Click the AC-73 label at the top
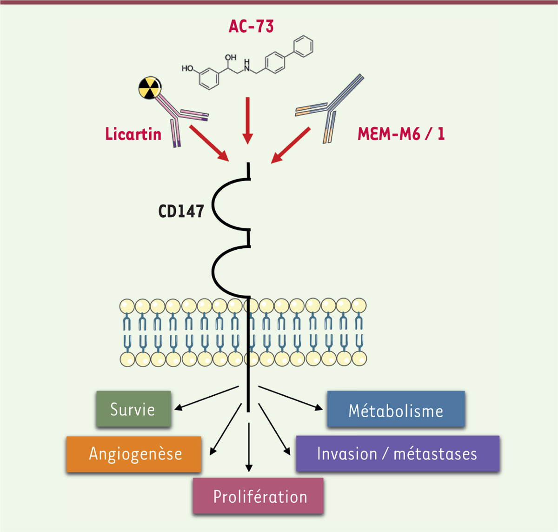pos(251,27)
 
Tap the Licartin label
pos(133,134)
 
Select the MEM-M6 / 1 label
pos(401,134)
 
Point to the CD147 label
pos(181,211)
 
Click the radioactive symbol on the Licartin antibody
pos(150,88)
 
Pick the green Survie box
pos(133,409)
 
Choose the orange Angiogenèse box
pos(134,454)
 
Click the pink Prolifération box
pos(258,496)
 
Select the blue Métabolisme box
pos(396,410)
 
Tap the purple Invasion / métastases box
pos(398,454)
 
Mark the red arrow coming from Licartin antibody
pos(210,143)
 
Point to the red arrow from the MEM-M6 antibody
pos(291,146)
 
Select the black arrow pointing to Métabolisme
pos(291,398)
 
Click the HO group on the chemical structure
pos(187,68)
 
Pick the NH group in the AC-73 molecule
pos(246,66)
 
